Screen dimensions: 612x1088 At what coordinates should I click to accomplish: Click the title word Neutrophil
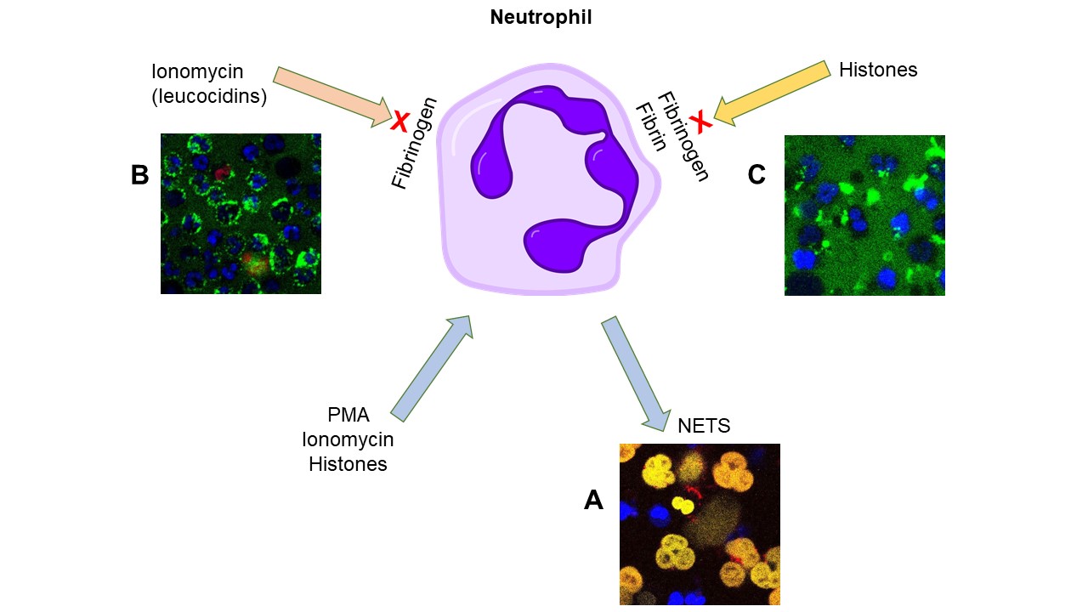pyautogui.click(x=541, y=17)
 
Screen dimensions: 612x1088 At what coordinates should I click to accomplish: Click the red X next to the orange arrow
pyautogui.click(x=399, y=122)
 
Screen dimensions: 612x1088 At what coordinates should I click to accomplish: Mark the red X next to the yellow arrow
pyautogui.click(x=700, y=122)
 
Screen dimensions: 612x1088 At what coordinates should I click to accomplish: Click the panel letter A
pyautogui.click(x=593, y=501)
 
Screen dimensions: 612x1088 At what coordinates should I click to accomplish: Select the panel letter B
pyautogui.click(x=139, y=175)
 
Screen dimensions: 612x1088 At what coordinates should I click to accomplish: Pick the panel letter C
pyautogui.click(x=756, y=175)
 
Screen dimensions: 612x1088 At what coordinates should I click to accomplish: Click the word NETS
pyautogui.click(x=704, y=426)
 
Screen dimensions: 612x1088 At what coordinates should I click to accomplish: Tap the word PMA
pyautogui.click(x=348, y=416)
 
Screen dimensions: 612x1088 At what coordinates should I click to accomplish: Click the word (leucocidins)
pyautogui.click(x=209, y=97)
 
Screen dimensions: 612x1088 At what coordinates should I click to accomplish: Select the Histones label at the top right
pyautogui.click(x=878, y=71)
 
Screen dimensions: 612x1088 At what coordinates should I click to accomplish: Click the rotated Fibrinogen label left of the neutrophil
pyautogui.click(x=414, y=143)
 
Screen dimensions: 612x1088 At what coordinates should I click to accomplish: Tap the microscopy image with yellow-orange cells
pyautogui.click(x=700, y=524)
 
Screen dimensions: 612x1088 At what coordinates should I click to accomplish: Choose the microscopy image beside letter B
pyautogui.click(x=241, y=213)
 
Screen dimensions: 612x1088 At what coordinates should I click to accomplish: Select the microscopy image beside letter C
pyautogui.click(x=864, y=215)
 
